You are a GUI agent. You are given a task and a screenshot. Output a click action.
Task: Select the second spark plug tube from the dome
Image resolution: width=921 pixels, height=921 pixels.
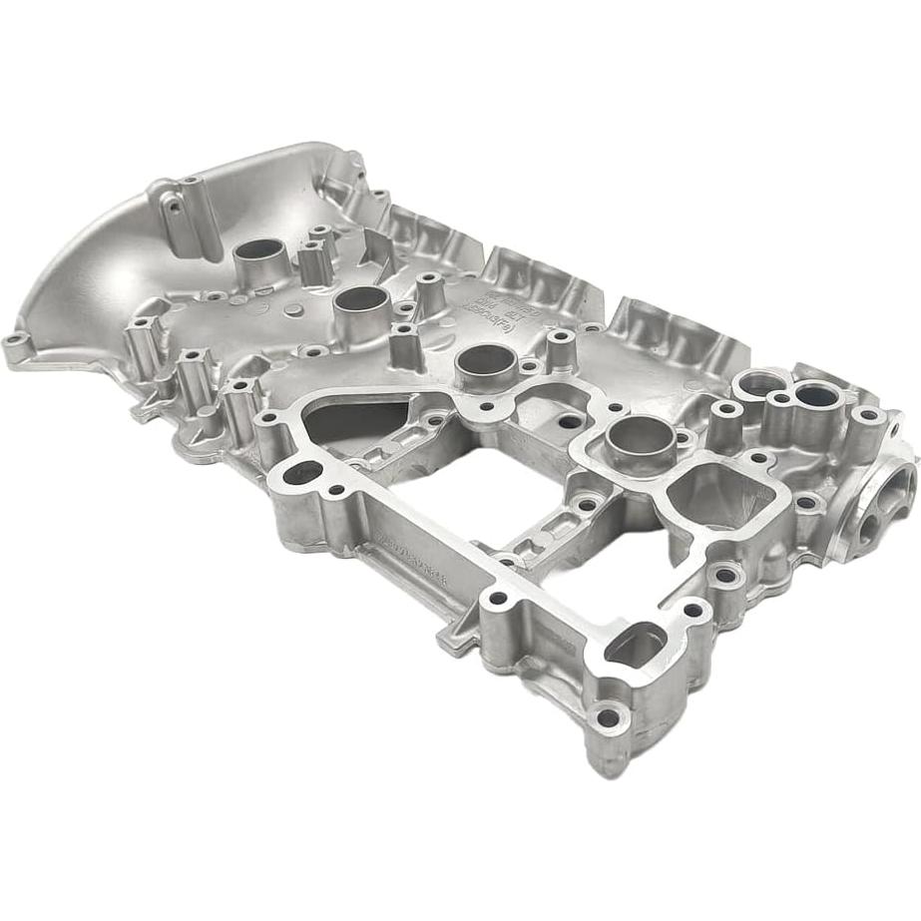coord(361,300)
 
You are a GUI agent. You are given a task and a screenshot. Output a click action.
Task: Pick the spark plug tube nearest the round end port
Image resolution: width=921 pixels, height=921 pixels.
coord(639,434)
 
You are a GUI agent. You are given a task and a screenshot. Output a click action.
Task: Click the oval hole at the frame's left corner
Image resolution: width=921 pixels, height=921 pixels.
coord(303,472)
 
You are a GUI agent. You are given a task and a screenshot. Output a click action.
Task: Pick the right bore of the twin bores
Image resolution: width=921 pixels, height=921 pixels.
coord(815,396)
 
